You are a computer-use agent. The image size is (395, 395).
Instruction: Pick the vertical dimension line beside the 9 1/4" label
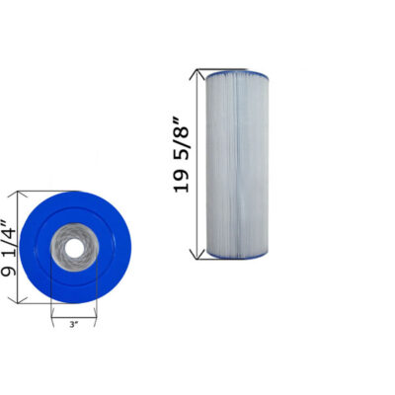click(22, 247)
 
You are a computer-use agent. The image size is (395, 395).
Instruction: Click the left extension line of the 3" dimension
click(51, 306)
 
